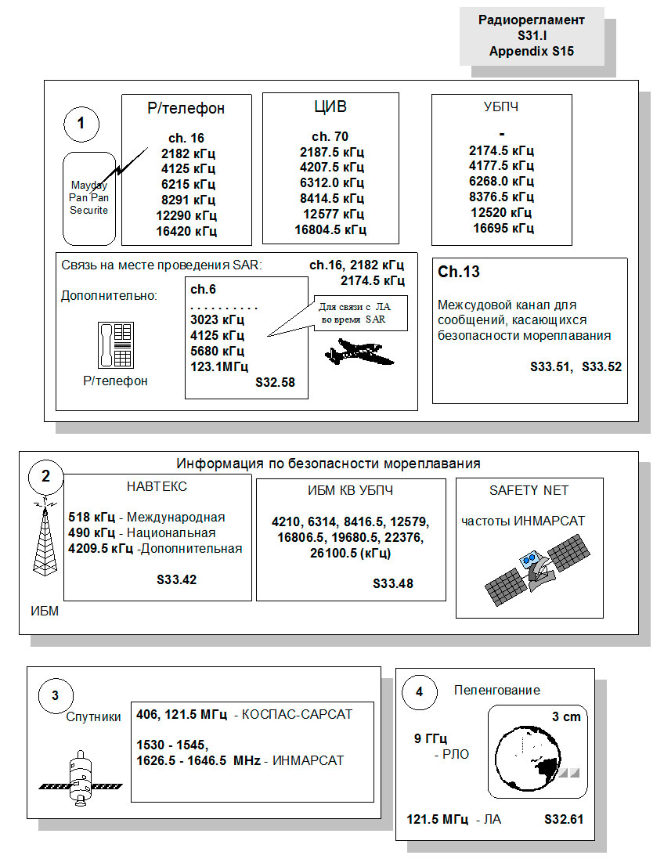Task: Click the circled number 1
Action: pyautogui.click(x=81, y=123)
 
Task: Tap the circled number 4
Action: pyautogui.click(x=419, y=691)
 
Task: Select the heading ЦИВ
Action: pyautogui.click(x=330, y=107)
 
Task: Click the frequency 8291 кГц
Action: pyautogui.click(x=188, y=200)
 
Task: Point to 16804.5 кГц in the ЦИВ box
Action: pyautogui.click(x=330, y=229)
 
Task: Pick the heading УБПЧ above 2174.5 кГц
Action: pyautogui.click(x=501, y=107)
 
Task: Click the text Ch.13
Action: pyautogui.click(x=459, y=272)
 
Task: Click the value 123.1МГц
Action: pyautogui.click(x=218, y=366)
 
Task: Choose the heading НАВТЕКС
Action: pyautogui.click(x=157, y=487)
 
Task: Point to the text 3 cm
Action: pyautogui.click(x=565, y=716)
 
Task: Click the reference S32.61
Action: pyautogui.click(x=564, y=820)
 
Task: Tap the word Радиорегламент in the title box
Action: pyautogui.click(x=531, y=20)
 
